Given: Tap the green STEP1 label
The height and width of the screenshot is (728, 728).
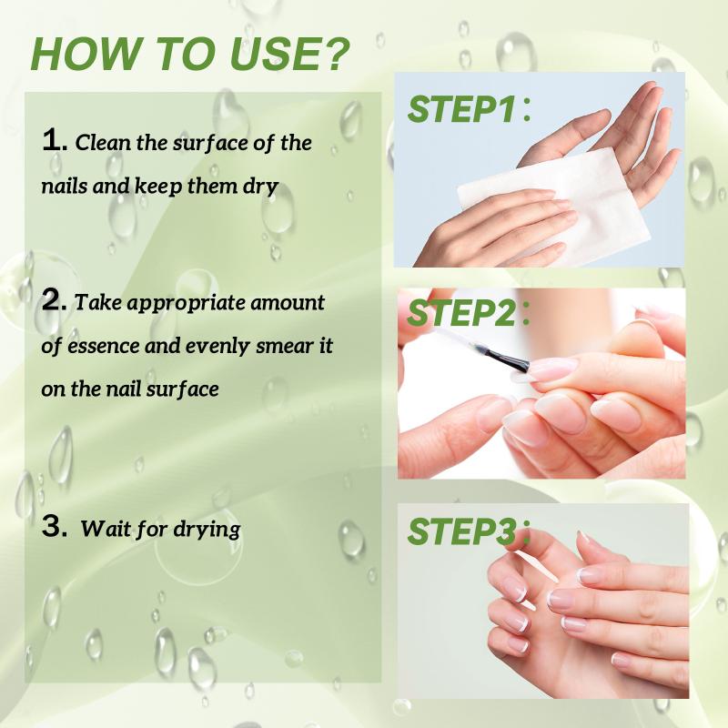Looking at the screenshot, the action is pos(461,109).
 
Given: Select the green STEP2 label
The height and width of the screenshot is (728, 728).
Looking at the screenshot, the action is pos(461,313).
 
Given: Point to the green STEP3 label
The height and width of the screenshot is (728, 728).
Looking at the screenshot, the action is pos(461,531).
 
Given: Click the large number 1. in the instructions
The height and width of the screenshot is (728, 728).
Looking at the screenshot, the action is pos(55,140).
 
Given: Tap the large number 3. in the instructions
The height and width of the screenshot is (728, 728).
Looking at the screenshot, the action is pos(55,527).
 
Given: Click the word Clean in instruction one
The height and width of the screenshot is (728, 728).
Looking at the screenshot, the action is pos(103,142).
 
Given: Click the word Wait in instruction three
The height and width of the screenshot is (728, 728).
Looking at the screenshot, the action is pos(106,529).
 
